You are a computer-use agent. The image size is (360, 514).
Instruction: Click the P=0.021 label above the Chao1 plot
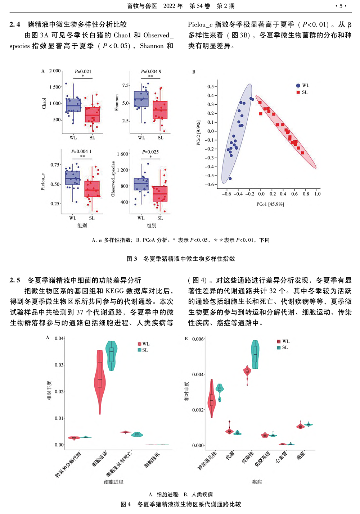pos(83,72)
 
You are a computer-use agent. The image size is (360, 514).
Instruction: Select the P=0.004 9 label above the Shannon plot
pos(151,72)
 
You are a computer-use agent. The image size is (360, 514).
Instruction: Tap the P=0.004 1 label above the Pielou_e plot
pos(81,151)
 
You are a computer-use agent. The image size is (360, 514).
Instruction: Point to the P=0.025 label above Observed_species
pos(150,152)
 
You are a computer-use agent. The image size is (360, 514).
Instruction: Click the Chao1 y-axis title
pos(44,103)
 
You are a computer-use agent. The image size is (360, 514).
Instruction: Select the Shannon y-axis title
pos(117,103)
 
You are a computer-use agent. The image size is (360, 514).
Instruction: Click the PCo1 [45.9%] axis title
pos(270,204)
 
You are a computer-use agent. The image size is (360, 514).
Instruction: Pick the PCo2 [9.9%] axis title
pos(198,133)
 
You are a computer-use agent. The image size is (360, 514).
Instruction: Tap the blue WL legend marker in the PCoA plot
pos(298,86)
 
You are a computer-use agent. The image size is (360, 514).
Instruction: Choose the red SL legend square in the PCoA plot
pos(298,92)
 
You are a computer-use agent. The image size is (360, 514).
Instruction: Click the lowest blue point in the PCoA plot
pos(230,178)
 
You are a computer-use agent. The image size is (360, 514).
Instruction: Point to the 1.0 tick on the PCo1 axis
pos(318,194)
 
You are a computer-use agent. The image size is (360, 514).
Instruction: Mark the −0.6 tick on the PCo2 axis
pos(210,185)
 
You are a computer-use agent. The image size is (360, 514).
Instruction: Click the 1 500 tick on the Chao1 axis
pos(55,87)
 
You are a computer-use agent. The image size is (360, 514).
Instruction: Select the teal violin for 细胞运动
pos(112,355)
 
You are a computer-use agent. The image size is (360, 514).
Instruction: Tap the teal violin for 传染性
pos(255,354)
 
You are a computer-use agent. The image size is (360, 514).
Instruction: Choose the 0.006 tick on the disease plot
pos(198,339)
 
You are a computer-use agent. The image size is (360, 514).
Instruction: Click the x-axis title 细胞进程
pos(114,482)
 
